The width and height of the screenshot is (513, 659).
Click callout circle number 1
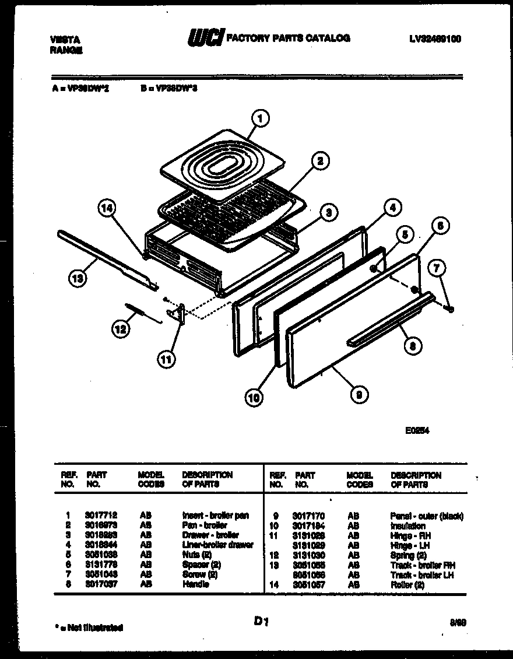(x=261, y=119)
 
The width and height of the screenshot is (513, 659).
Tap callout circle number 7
(x=438, y=269)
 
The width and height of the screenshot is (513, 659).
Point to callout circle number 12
(x=120, y=329)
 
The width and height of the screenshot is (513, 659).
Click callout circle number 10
(x=255, y=398)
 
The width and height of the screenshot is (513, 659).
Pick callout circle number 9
(x=359, y=395)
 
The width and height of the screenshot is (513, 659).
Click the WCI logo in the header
(x=205, y=38)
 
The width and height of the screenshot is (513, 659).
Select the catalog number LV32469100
(x=435, y=39)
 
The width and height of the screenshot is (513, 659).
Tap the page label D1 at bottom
(x=261, y=622)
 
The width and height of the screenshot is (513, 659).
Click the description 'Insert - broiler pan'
(x=215, y=516)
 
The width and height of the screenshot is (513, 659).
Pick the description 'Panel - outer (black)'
(x=426, y=516)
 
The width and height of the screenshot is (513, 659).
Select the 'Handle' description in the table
(x=195, y=584)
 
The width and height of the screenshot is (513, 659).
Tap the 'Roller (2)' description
(x=407, y=584)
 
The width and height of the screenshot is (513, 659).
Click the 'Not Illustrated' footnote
(x=88, y=628)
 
